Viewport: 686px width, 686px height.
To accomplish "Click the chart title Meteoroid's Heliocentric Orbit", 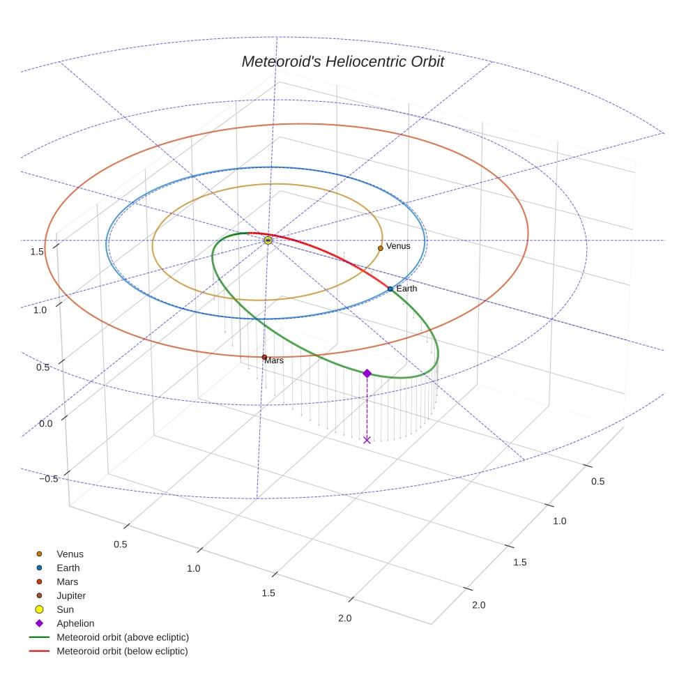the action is click(342, 61).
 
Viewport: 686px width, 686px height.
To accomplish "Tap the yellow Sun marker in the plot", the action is click(268, 241).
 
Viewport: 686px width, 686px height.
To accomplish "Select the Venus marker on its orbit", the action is click(381, 248).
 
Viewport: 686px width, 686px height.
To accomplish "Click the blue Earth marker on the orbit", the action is click(390, 289).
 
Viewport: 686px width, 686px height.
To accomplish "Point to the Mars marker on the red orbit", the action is click(264, 357).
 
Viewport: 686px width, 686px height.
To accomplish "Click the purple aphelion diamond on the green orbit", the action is click(367, 373).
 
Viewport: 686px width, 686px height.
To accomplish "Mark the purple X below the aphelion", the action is click(367, 440).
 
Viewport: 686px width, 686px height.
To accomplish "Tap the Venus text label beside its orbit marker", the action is click(398, 246).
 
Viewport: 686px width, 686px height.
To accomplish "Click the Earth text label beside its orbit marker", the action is click(406, 289).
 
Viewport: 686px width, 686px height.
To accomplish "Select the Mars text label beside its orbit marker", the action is click(274, 360).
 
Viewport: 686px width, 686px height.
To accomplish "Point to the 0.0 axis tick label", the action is click(45, 423).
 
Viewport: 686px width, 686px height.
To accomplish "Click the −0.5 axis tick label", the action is click(49, 479).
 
